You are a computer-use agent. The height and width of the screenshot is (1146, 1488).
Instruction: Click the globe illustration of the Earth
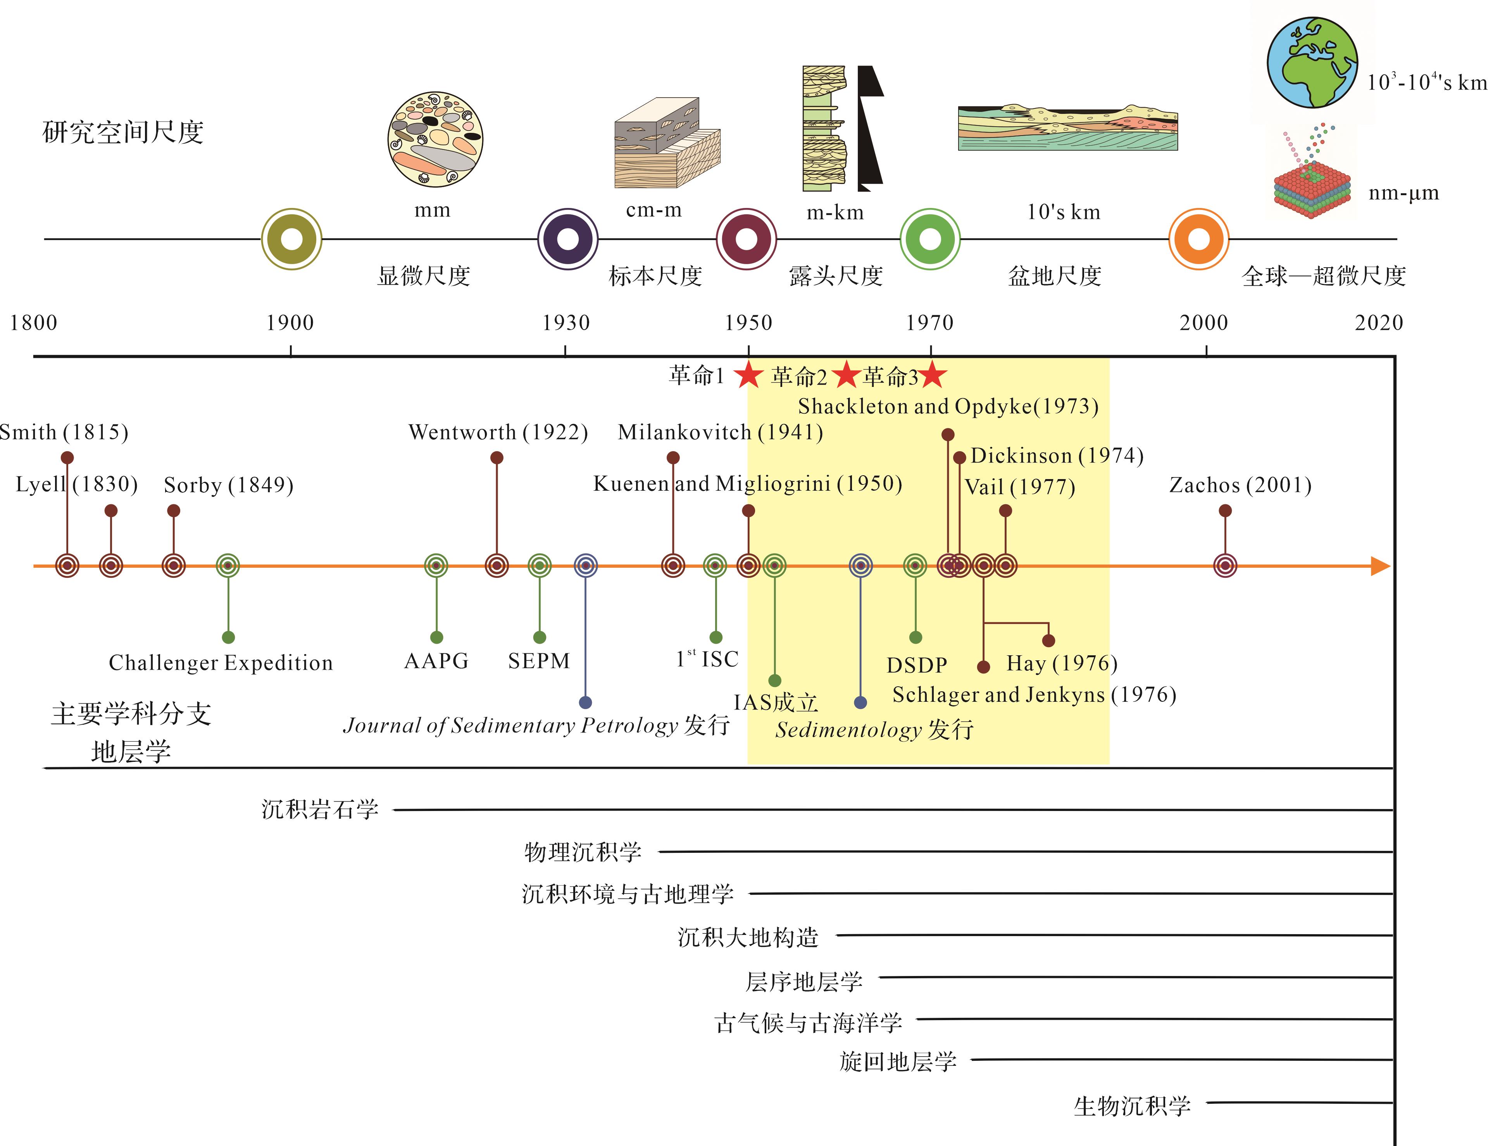click(1312, 63)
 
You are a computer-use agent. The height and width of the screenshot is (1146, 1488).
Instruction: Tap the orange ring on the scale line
click(1198, 239)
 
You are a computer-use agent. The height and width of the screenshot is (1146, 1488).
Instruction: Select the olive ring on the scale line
click(291, 239)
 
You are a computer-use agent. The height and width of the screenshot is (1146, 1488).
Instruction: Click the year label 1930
click(566, 323)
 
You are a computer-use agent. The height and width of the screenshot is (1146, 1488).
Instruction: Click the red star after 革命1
click(749, 375)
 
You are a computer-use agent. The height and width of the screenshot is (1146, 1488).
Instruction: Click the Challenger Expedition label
click(221, 663)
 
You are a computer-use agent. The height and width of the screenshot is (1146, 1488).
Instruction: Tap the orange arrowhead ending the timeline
click(1380, 566)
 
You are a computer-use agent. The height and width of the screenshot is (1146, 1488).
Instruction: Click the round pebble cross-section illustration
click(435, 139)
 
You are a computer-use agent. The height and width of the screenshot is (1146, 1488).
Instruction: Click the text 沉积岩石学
click(319, 809)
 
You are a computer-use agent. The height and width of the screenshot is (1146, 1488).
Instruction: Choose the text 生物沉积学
click(1132, 1106)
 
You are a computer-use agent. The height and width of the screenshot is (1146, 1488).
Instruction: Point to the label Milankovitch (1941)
click(720, 432)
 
